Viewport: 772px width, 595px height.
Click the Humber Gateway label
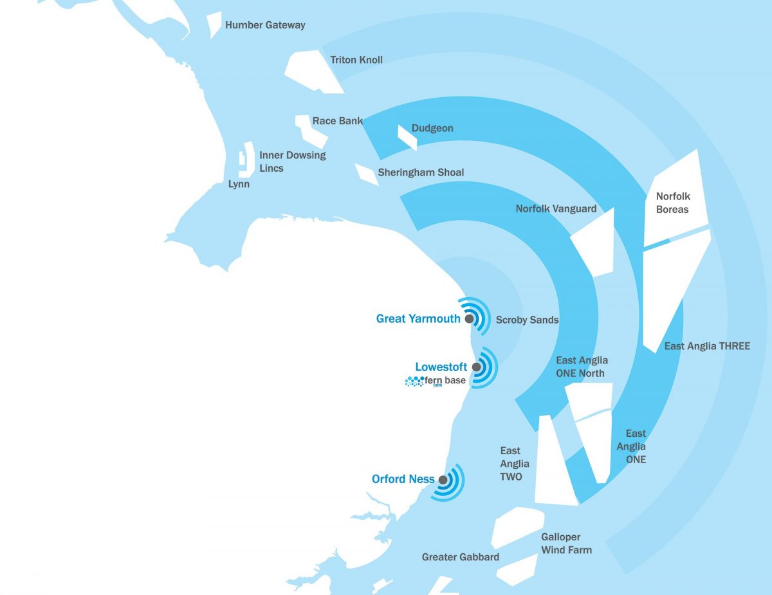point(265,26)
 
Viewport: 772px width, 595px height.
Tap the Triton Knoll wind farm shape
point(313,69)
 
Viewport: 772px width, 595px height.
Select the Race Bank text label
point(337,121)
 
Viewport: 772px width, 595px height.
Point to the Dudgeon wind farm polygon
point(407,136)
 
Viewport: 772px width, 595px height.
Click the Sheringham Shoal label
point(421,172)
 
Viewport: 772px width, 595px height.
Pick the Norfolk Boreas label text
point(672,203)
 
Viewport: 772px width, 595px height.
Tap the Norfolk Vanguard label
point(556,209)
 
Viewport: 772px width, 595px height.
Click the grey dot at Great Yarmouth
point(470,318)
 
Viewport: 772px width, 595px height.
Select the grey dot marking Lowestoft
point(477,367)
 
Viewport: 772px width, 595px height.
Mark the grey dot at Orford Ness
point(443,480)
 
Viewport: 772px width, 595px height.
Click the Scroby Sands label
point(527,320)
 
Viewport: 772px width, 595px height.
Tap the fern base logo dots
point(413,381)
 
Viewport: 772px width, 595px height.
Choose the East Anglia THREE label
point(707,346)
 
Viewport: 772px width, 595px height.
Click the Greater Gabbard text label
point(460,557)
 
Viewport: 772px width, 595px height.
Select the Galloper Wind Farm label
point(565,544)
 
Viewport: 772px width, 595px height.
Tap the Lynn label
point(239,185)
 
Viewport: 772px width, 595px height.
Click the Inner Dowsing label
point(293,155)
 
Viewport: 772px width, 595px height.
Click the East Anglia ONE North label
point(581,367)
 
